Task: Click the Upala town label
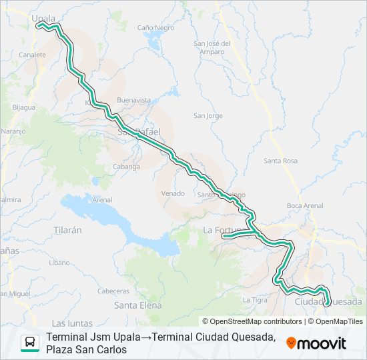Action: coord(43,19)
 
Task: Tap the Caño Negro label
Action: coord(155,28)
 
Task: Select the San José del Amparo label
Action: coord(212,48)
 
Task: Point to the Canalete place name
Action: coord(33,55)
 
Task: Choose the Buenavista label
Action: coord(133,100)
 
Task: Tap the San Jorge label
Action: coord(208,115)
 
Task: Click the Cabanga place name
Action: coord(126,167)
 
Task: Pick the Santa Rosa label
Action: coord(280,161)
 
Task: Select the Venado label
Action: coord(172,193)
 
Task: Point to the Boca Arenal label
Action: coord(304,205)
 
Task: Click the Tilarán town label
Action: coord(67,230)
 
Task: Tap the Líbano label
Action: coord(59,263)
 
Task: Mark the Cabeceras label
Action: coord(113,291)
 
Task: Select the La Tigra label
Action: coord(255,299)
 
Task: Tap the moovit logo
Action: coord(316,343)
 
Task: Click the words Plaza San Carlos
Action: coord(87,349)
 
